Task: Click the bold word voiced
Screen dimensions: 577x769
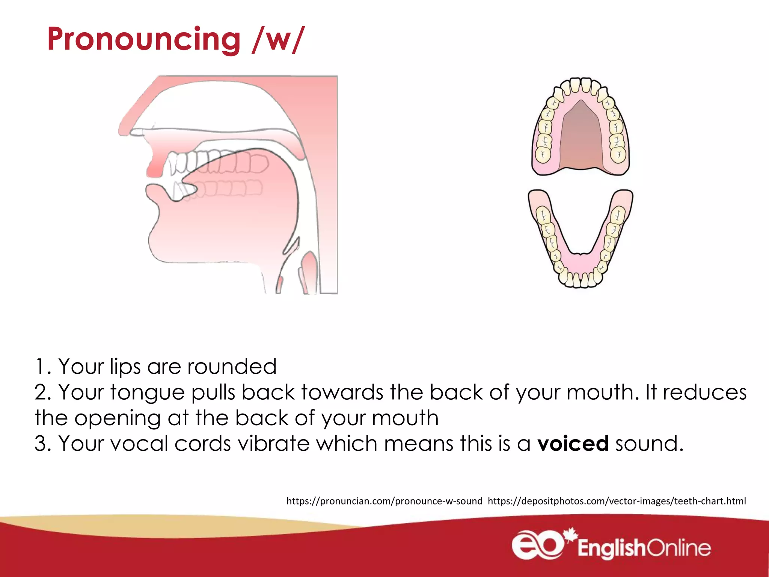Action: click(x=573, y=444)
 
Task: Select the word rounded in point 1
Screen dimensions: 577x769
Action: click(x=232, y=367)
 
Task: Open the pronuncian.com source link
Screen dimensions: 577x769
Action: click(x=384, y=501)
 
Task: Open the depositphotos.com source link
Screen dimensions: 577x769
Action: click(x=617, y=501)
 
